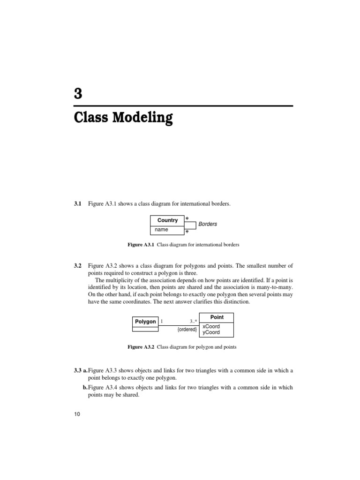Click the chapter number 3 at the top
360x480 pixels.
pos(78,94)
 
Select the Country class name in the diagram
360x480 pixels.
pos(167,220)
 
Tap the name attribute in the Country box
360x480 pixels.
pos(161,230)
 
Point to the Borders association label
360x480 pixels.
pos(208,224)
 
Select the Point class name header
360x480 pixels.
pos(217,317)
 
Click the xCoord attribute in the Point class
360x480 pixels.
pos(211,326)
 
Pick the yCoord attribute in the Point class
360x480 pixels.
pos(211,332)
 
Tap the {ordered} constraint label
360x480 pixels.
pos(187,330)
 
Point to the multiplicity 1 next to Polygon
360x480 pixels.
pos(162,322)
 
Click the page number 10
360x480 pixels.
pos(77,414)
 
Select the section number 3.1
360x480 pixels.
pos(78,203)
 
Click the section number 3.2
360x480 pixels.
pos(78,266)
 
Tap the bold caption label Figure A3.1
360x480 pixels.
pos(141,245)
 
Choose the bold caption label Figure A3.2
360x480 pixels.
pos(141,347)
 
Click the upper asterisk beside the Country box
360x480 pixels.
pos(187,218)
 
